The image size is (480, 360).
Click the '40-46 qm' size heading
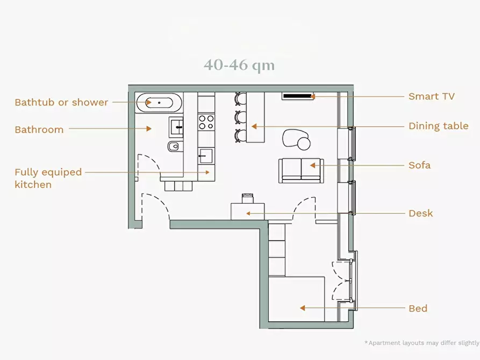[239, 65]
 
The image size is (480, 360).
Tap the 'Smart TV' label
[432, 96]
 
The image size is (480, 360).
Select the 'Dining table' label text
[439, 126]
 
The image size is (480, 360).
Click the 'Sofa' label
[419, 165]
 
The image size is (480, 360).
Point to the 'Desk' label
[421, 213]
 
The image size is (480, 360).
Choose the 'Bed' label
[418, 308]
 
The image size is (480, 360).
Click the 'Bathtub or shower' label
[61, 102]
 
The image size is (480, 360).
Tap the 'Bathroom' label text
[39, 129]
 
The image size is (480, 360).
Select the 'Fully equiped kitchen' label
[48, 178]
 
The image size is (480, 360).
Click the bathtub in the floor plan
[159, 103]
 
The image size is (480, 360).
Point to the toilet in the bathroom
[175, 146]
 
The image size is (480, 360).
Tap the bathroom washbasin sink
[176, 127]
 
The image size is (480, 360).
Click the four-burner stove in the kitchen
[206, 122]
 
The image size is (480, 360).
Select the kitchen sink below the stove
[206, 156]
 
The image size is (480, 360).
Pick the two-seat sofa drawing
[301, 171]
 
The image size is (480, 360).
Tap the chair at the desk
[248, 198]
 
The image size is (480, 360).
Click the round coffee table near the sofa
[304, 144]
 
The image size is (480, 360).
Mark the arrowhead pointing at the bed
[303, 308]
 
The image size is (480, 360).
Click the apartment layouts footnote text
[422, 343]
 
